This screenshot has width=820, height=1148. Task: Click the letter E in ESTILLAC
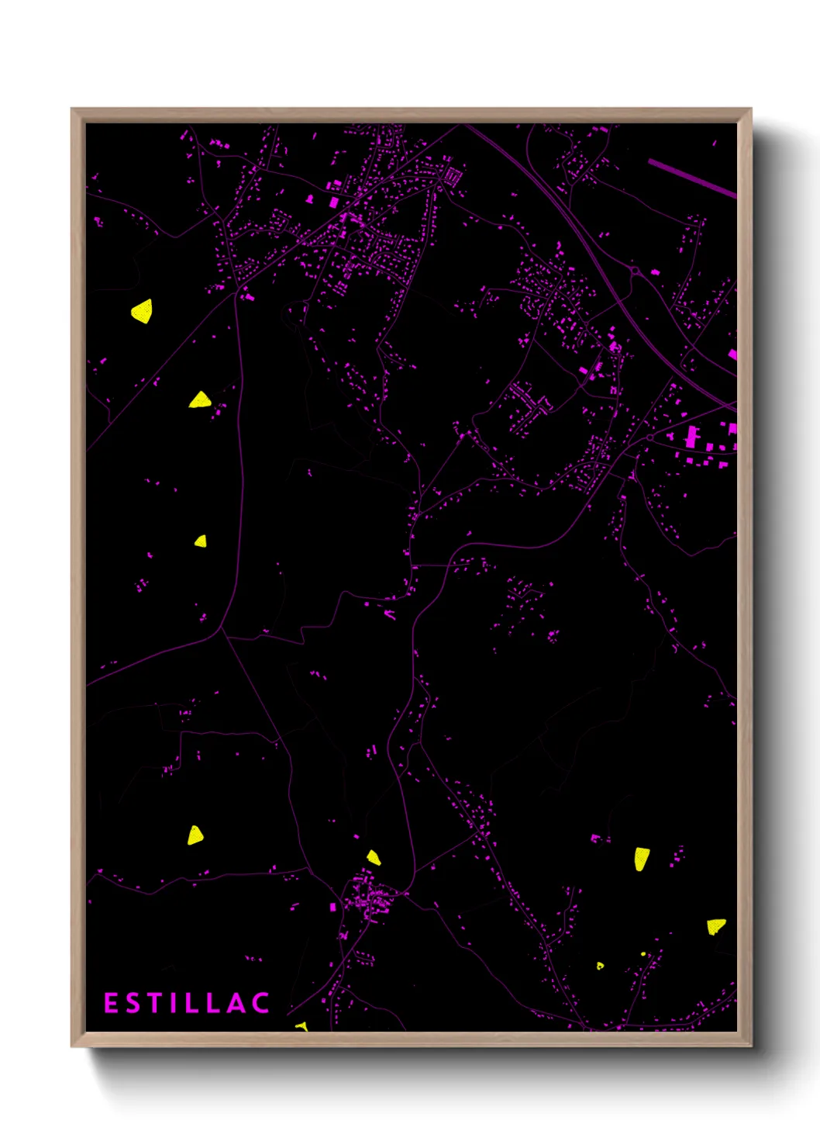pyautogui.click(x=111, y=1003)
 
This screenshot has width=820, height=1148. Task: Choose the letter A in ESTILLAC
pyautogui.click(x=235, y=1003)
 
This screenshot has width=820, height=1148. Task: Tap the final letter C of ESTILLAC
pyautogui.click(x=260, y=1003)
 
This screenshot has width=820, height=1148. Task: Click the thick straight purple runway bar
pyautogui.click(x=692, y=178)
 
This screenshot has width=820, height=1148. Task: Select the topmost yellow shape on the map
pyautogui.click(x=142, y=312)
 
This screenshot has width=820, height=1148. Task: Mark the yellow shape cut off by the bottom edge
pyautogui.click(x=301, y=1026)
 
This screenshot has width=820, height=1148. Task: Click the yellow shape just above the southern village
pyautogui.click(x=374, y=857)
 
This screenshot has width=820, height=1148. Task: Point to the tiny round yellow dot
pyautogui.click(x=643, y=953)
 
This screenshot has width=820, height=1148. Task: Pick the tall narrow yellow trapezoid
pyautogui.click(x=642, y=859)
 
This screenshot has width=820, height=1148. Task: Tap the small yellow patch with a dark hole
pyautogui.click(x=600, y=966)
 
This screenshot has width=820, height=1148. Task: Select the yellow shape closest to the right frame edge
pyautogui.click(x=716, y=925)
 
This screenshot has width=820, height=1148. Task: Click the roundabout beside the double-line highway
pyautogui.click(x=634, y=271)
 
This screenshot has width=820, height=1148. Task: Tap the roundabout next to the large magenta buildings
pyautogui.click(x=649, y=438)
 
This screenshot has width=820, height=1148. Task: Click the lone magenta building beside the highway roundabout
pyautogui.click(x=655, y=272)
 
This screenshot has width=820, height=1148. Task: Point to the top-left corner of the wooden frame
pyautogui.click(x=73, y=109)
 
